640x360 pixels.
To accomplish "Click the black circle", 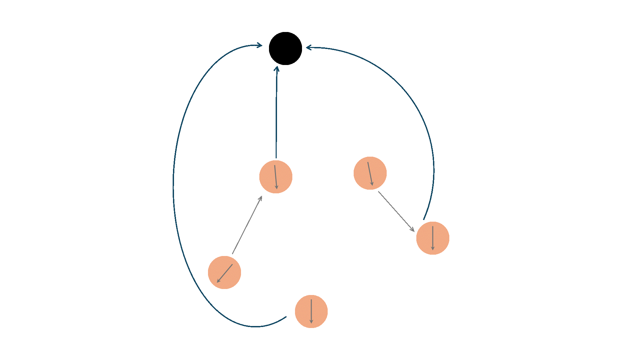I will pos(285,48).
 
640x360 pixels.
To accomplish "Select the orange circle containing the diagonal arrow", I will pos(224,272).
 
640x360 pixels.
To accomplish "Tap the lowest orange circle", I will pos(311,311).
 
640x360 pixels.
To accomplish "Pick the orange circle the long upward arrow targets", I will pos(276,177).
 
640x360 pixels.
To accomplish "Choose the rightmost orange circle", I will pos(433,238).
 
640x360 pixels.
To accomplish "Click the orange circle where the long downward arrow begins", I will pos(370,173).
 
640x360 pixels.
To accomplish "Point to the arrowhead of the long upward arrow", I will pos(262,196).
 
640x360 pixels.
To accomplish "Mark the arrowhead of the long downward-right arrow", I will pos(414,231).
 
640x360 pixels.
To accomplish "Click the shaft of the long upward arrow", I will pos(247,225).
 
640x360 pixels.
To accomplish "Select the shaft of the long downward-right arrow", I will pos(396,211).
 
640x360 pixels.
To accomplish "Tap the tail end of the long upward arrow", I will pos(232,254).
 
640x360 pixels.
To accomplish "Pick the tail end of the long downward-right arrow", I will pos(378,191).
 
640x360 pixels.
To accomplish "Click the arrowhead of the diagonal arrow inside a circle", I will pos(217,282).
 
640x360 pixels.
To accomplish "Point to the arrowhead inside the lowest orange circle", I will pos(311,323).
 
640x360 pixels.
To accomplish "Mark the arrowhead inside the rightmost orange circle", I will pos(433,249).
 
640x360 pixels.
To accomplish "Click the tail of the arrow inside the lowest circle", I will pos(311,299).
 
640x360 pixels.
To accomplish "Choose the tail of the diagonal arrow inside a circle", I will pos(232,264).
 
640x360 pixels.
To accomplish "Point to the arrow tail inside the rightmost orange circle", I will pos(433,226).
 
